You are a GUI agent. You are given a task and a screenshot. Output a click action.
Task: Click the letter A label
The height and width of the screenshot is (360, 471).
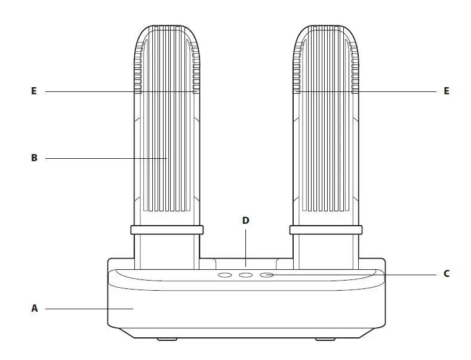pyautogui.click(x=34, y=309)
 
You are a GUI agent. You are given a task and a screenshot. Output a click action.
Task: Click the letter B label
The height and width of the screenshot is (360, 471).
pyautogui.click(x=34, y=158)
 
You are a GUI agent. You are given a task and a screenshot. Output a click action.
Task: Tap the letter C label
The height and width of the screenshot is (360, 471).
pyautogui.click(x=446, y=275)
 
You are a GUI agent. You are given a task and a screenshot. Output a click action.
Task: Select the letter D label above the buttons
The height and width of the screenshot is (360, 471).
pyautogui.click(x=245, y=220)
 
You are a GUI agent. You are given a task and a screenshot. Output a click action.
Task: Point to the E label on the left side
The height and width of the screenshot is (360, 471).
pyautogui.click(x=34, y=91)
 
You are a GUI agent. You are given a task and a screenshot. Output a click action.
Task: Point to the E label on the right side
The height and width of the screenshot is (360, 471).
pyautogui.click(x=446, y=91)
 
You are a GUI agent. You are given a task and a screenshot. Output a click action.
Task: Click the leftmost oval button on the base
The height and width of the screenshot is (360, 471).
pyautogui.click(x=225, y=275)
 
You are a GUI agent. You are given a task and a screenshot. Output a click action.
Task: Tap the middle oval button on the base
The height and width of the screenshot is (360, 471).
pyautogui.click(x=245, y=275)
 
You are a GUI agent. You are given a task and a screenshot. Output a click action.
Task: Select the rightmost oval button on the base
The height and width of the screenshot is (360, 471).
pyautogui.click(x=266, y=275)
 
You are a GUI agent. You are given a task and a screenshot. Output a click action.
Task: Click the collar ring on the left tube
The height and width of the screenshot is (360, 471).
pyautogui.click(x=167, y=230)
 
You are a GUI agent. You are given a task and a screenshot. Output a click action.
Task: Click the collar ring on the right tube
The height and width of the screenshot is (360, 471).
pyautogui.click(x=325, y=230)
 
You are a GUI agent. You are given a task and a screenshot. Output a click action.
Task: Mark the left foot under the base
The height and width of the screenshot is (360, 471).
pyautogui.click(x=167, y=340)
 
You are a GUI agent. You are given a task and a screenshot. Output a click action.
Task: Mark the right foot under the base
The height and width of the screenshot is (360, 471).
pyautogui.click(x=325, y=340)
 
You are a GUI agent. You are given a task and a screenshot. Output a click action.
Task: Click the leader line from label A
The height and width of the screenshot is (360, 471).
pyautogui.click(x=90, y=309)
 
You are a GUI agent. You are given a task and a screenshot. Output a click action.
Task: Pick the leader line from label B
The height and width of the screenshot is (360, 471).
pyautogui.click(x=101, y=158)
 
